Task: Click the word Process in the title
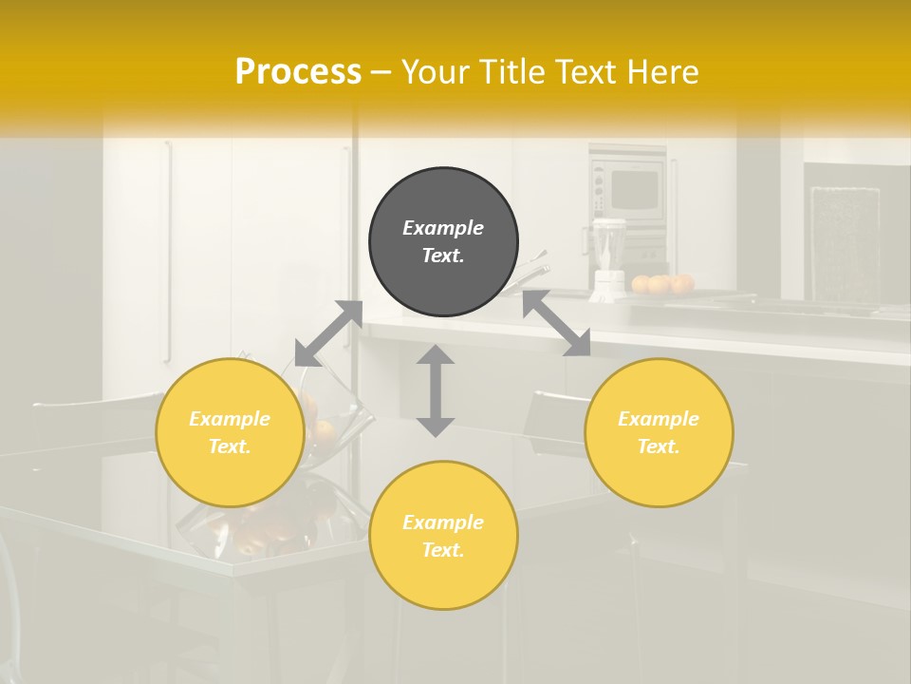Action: coord(298,72)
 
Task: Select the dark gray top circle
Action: coord(443,241)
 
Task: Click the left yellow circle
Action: coord(230,432)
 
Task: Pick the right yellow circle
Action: coord(659,432)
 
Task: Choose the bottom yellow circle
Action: coord(443,536)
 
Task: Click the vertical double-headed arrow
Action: coord(436,390)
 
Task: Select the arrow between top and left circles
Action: coord(329,333)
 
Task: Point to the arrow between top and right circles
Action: coord(556,324)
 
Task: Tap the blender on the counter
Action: coord(607,256)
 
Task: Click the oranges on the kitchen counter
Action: coord(662,283)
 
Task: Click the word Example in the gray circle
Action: coord(443,228)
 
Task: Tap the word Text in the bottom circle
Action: coord(443,550)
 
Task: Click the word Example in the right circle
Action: coord(659,419)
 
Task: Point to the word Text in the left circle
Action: coord(230,446)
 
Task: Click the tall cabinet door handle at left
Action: coord(168,252)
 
